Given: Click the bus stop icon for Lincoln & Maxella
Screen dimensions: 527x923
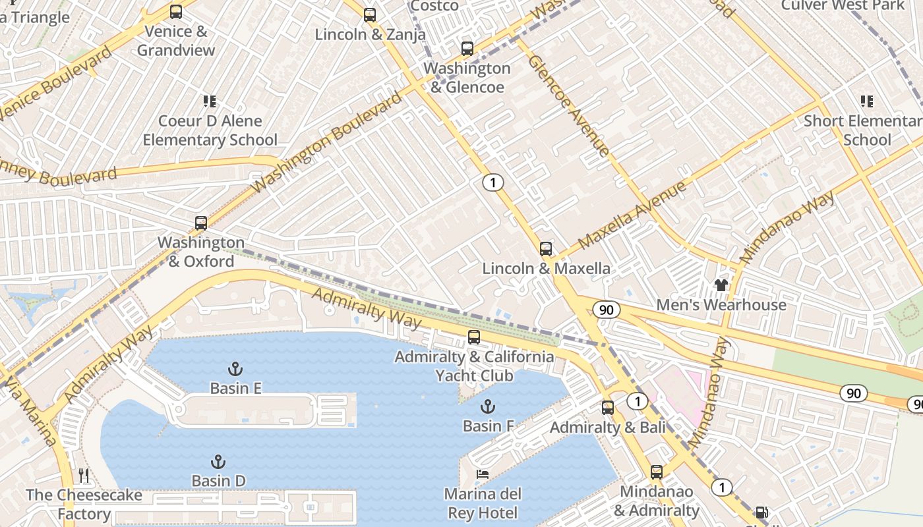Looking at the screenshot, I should [x=546, y=248].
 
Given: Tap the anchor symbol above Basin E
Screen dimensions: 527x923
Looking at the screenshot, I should [x=235, y=369].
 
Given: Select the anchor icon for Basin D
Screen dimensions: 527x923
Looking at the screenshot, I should [x=218, y=462].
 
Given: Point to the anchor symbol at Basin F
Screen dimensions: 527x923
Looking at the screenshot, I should [x=488, y=406].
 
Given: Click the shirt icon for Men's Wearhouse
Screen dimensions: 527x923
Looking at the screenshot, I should [x=721, y=285].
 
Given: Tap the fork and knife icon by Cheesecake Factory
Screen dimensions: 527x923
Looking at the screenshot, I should [x=84, y=476].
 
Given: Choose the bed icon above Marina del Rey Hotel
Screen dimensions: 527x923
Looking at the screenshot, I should [x=483, y=474].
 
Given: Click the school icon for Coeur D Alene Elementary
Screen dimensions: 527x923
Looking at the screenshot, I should [x=210, y=101].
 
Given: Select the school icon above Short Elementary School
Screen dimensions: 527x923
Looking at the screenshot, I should [x=867, y=101].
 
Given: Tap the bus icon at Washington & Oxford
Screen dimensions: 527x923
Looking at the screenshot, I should [x=201, y=223].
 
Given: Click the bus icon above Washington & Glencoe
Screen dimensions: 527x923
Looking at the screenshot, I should [x=467, y=48].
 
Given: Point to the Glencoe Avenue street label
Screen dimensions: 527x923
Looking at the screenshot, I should [x=568, y=105].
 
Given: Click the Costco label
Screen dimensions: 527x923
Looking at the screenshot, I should [x=434, y=6].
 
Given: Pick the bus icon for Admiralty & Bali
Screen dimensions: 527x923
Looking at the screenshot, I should [x=608, y=408].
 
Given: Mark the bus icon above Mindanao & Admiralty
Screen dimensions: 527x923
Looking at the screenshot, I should [x=657, y=472].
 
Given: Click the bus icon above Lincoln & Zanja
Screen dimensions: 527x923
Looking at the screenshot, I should [x=370, y=14].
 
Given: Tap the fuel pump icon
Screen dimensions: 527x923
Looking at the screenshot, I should [x=761, y=513].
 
